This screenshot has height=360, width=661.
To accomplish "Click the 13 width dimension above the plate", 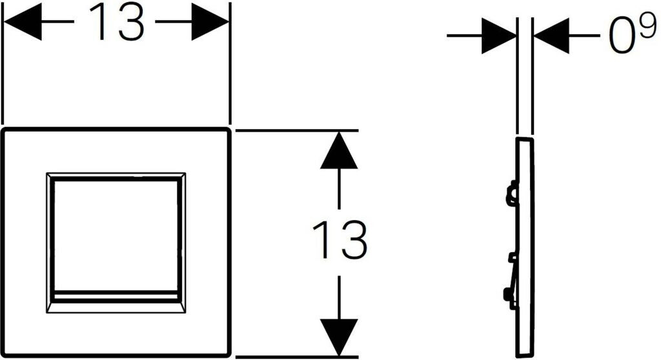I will tap(116, 24).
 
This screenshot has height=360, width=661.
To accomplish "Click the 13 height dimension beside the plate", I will tap(340, 239).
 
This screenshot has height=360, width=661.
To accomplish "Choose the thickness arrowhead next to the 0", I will tap(550, 36).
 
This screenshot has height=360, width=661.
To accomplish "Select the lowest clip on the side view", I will tap(509, 296).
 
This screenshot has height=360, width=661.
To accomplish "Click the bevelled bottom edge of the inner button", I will tap(116, 305).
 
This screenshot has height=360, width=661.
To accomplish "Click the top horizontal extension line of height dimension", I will tap(297, 130).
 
